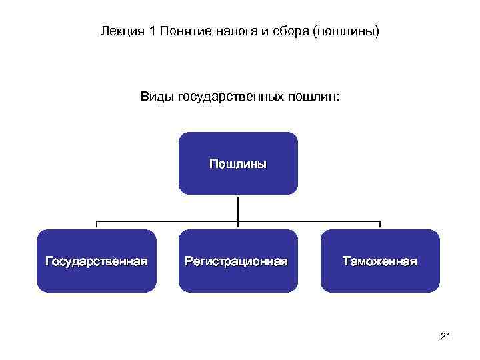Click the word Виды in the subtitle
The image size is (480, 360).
[153, 97]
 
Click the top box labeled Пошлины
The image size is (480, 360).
[238, 180]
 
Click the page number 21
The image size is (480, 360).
[446, 337]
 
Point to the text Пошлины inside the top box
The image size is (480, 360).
[238, 163]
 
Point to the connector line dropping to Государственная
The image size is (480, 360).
[97, 225]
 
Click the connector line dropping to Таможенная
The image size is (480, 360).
[380, 225]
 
